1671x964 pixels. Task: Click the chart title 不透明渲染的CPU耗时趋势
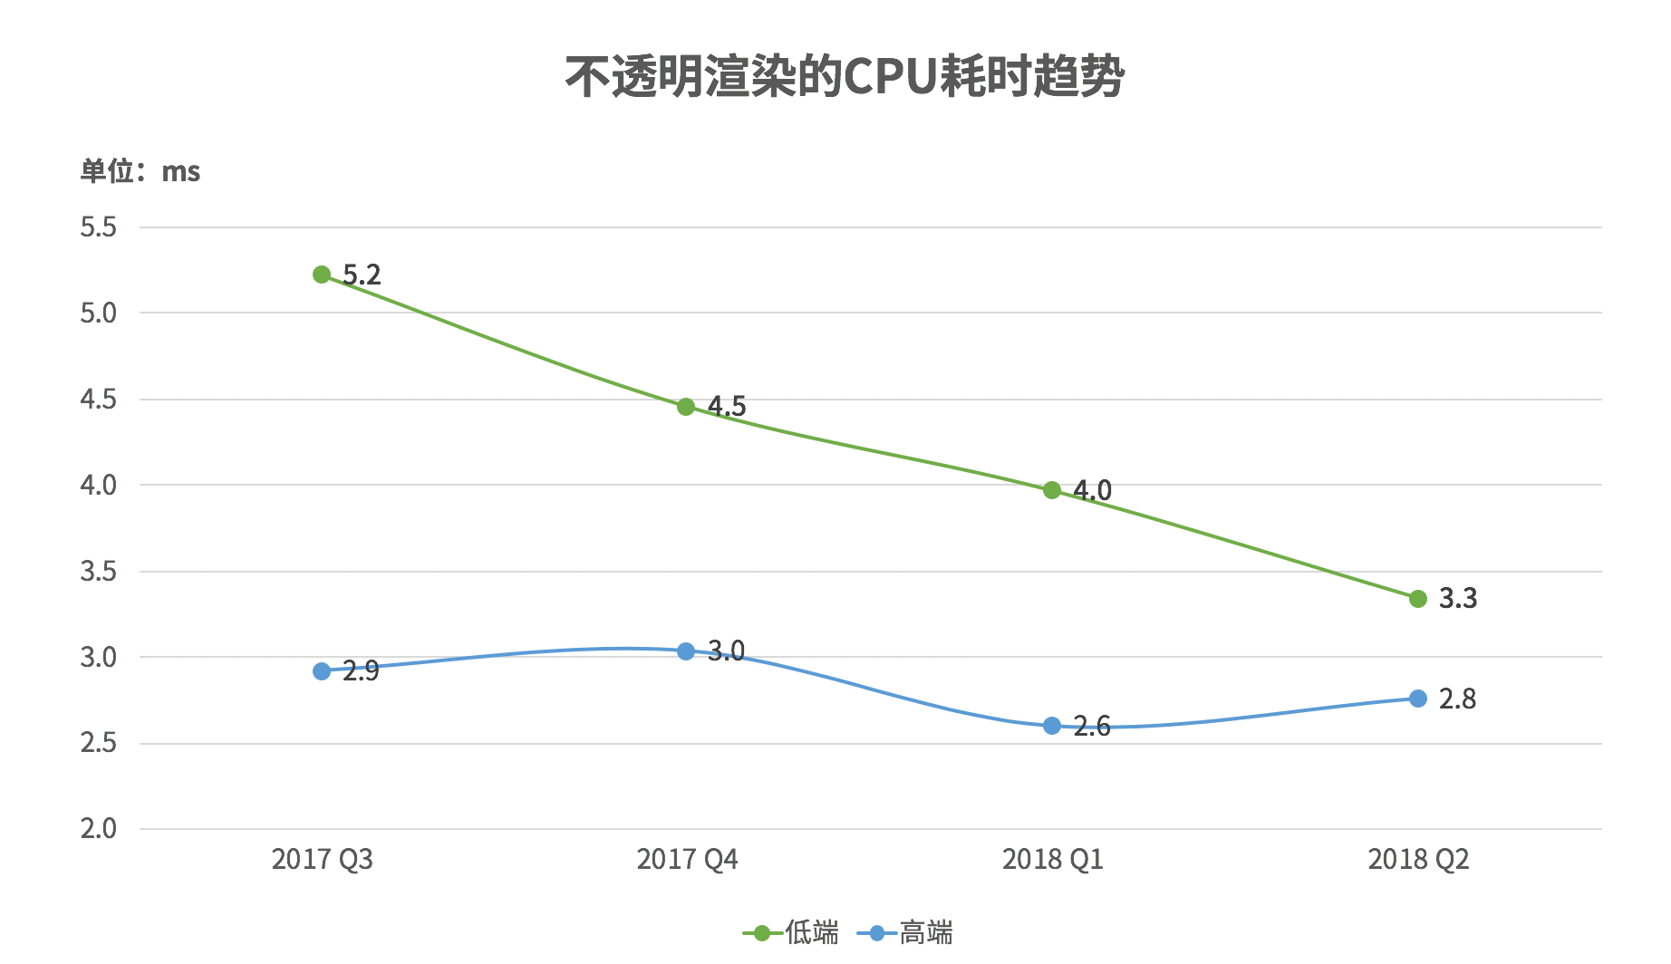(x=845, y=76)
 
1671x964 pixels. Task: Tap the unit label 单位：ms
(x=140, y=171)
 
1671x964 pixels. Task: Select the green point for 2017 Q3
(x=322, y=275)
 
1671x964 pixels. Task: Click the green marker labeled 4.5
(x=686, y=407)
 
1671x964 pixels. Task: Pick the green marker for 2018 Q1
(x=1052, y=490)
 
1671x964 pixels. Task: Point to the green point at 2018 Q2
(x=1418, y=599)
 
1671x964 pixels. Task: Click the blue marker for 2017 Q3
(x=322, y=671)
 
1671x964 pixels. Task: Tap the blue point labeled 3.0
(x=686, y=651)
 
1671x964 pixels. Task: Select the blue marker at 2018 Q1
(x=1052, y=726)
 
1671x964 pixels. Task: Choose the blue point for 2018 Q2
(x=1418, y=699)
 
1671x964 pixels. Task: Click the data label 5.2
(x=362, y=275)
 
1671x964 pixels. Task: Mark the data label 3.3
(x=1458, y=598)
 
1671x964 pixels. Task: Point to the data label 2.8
(x=1457, y=699)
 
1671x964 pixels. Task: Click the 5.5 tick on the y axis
(x=98, y=227)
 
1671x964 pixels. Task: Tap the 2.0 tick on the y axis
(x=98, y=828)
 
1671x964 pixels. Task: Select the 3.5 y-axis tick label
(x=98, y=571)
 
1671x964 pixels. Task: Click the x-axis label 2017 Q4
(x=687, y=859)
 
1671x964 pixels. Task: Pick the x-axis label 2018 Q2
(x=1418, y=859)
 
